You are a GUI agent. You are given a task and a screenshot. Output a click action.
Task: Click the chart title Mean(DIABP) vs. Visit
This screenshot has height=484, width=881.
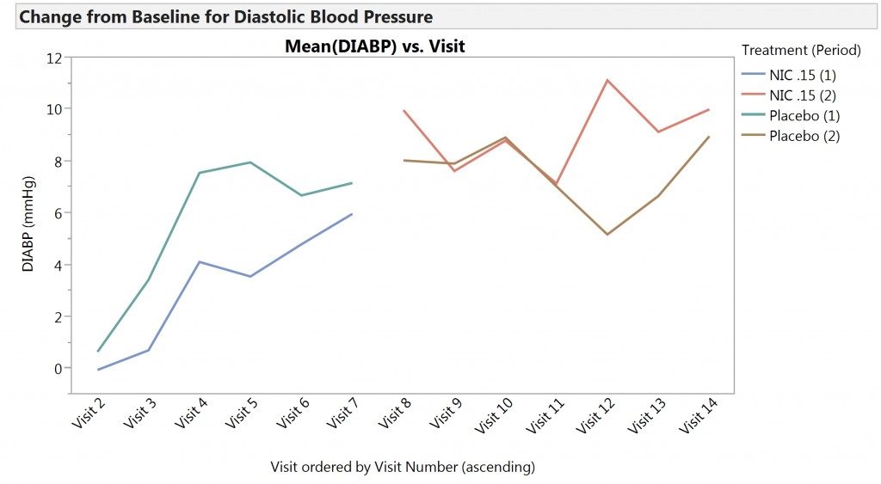click(374, 46)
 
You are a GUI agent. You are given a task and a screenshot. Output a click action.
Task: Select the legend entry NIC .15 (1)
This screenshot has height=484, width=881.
click(802, 75)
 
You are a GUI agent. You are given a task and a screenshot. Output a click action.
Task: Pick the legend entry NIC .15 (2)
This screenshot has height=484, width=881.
click(802, 95)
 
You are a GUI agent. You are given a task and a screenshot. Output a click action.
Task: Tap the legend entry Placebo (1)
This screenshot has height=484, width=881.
click(804, 115)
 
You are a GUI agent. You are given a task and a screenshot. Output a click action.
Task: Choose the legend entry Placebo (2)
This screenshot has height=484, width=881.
click(804, 136)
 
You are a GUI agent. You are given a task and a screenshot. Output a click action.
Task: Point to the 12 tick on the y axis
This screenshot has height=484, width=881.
click(55, 58)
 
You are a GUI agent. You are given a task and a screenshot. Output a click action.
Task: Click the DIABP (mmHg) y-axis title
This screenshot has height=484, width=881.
click(28, 225)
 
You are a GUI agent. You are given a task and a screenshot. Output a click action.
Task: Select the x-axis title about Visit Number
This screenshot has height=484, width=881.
click(403, 467)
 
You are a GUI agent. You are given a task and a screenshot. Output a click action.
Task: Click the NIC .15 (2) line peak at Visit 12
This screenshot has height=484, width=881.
click(607, 80)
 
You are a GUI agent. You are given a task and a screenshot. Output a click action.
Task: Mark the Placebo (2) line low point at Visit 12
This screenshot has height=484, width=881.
click(607, 234)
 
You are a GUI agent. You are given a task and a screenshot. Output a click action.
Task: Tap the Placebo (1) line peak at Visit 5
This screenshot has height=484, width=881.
click(250, 162)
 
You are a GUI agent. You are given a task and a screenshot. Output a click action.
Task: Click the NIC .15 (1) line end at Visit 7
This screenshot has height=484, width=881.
click(352, 214)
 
